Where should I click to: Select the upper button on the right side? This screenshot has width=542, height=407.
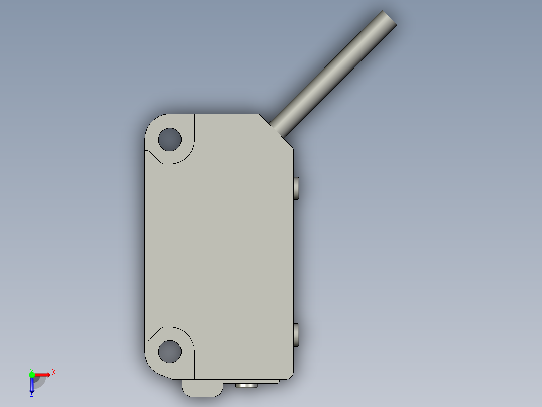296,188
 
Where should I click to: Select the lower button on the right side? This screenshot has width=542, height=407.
296,334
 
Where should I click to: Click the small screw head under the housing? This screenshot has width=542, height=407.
246,386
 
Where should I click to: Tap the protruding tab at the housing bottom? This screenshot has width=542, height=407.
201,388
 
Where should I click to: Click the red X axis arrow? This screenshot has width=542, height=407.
42,374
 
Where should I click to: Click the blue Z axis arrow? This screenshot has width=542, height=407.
32,386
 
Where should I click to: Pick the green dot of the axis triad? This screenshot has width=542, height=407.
32,374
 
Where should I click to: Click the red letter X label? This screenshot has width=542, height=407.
54,372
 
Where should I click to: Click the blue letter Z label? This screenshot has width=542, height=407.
32,395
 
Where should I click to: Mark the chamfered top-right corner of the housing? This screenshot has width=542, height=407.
276,130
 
